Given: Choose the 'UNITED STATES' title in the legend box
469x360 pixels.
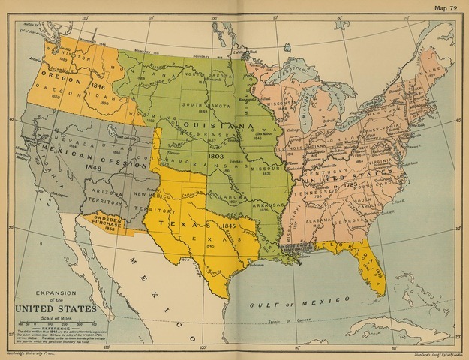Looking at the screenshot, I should pos(55,308).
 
